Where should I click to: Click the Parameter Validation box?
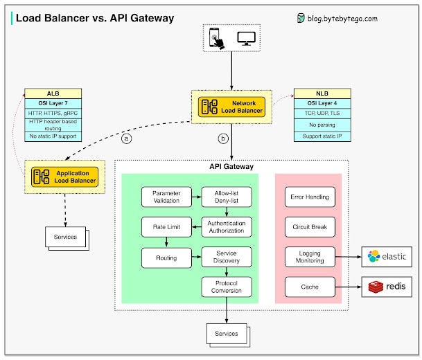[166, 197]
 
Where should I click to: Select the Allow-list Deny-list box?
[227, 197]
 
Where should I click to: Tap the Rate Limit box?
[166, 226]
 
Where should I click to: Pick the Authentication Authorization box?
[227, 226]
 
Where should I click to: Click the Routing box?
[166, 258]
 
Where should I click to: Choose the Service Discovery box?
[227, 258]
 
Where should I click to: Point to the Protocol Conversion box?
[227, 287]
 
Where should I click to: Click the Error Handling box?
[309, 197]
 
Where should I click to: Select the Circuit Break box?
[309, 226]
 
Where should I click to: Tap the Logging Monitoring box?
[309, 257]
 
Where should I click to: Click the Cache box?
[309, 286]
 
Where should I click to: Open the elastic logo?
[387, 257]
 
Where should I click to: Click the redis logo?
[387, 286]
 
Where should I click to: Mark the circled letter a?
[126, 138]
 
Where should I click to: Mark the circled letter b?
[223, 138]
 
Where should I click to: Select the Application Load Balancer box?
[62, 176]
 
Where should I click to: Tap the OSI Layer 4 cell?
[319, 103]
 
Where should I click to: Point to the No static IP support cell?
[53, 136]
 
